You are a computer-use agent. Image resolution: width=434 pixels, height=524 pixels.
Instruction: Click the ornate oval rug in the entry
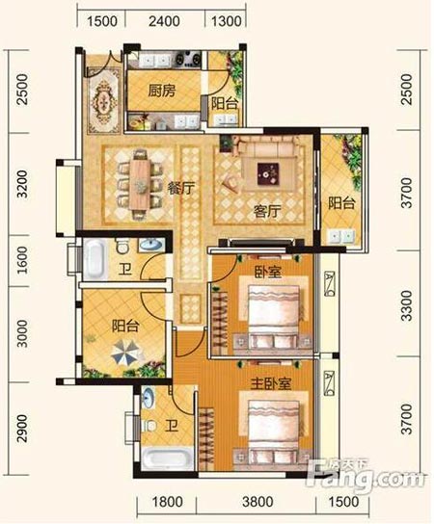[x=103, y=99]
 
